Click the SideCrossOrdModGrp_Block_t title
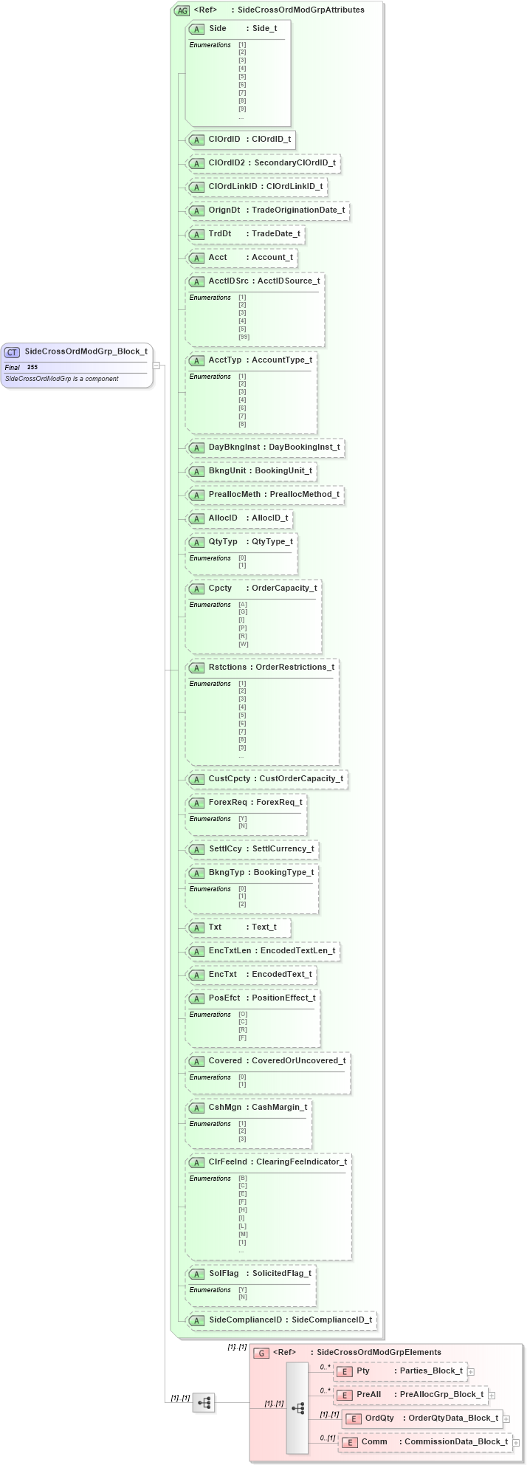tap(86, 351)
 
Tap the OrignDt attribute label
tap(224, 210)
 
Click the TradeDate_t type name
tap(276, 234)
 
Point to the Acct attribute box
tap(241, 258)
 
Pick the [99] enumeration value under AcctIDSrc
tap(244, 337)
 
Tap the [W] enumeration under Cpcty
tap(243, 644)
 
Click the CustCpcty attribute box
tap(266, 779)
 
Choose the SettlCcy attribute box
tap(252, 849)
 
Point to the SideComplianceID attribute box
tap(281, 1320)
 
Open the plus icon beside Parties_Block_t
tap(471, 1372)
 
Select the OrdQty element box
tap(421, 1418)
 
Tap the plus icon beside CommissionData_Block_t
tap(516, 1442)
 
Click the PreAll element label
tap(368, 1395)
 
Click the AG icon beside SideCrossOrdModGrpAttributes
tap(182, 10)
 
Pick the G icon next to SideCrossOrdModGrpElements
tap(261, 1353)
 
